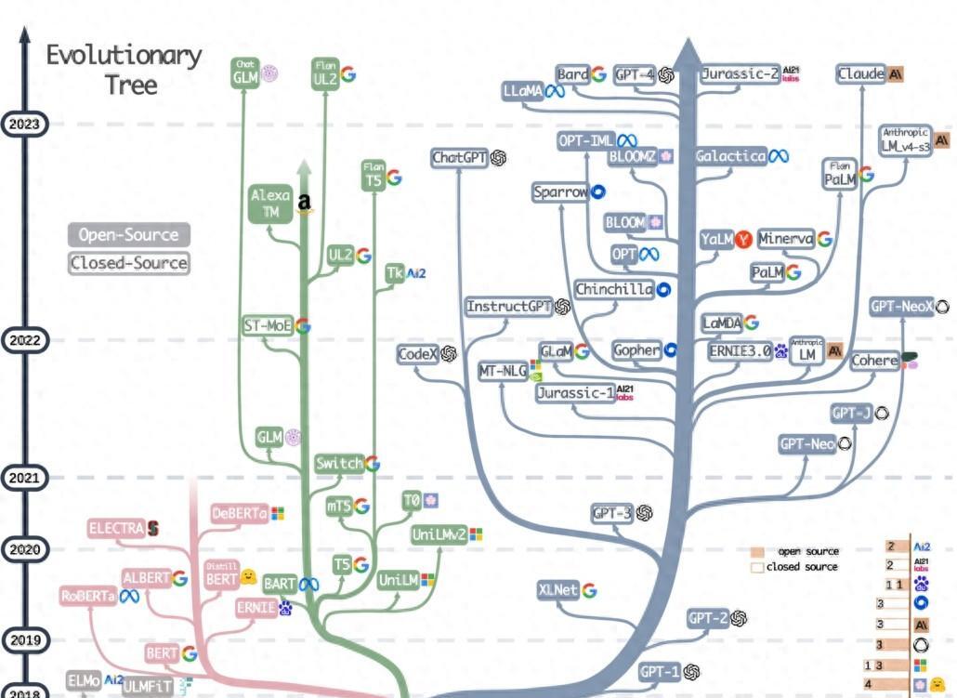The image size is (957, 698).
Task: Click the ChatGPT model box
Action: coord(460,158)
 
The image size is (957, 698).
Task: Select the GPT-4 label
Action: coord(636,75)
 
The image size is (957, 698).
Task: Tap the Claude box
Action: coord(860,74)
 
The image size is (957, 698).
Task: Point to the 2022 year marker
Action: coord(23,340)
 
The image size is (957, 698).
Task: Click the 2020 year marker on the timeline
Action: coord(23,549)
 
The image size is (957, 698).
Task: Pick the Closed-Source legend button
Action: coord(128,263)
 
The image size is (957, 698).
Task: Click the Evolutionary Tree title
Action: coord(125,69)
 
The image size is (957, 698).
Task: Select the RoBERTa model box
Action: coord(89,597)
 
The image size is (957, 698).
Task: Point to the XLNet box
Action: coord(557,590)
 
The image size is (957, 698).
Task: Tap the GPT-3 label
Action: coord(611,513)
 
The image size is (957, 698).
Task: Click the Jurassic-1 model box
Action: coord(576,393)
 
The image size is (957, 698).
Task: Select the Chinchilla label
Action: coord(614,289)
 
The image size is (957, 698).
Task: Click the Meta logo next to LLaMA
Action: coord(556,91)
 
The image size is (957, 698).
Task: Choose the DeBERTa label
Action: coord(239,512)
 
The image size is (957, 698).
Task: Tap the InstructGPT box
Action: coord(509,307)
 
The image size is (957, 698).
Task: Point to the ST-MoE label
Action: coord(267,325)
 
